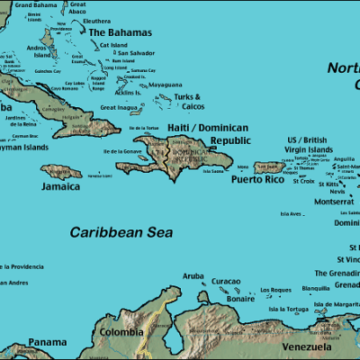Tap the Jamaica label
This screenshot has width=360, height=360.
[59, 187]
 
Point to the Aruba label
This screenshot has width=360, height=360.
[193, 276]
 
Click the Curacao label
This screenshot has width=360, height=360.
[226, 282]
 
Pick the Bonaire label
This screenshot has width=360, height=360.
[239, 298]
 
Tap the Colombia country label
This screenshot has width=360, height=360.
[121, 332]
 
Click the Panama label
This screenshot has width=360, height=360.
[47, 342]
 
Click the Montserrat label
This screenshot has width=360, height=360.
[334, 202]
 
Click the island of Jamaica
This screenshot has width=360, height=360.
[61, 171]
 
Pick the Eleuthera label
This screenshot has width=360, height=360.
[96, 20]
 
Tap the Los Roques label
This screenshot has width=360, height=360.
[275, 290]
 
